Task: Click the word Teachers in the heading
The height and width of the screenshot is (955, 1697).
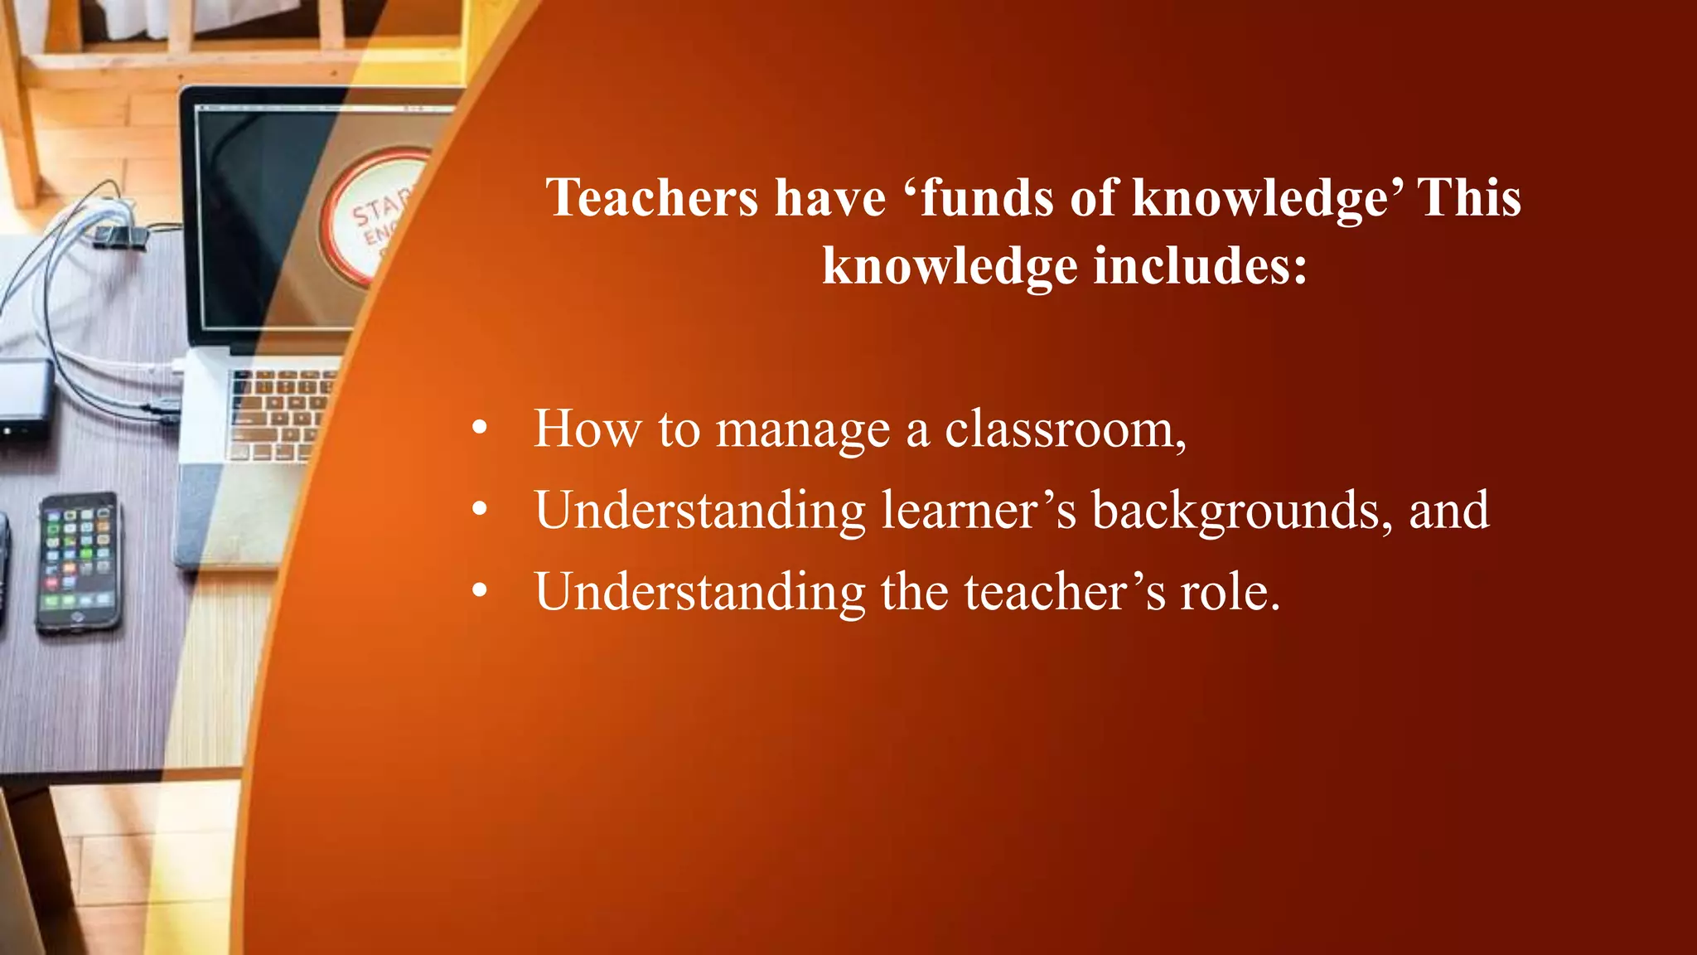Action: (x=652, y=198)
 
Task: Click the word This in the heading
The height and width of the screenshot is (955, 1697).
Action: (x=1469, y=198)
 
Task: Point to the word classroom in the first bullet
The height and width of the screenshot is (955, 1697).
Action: (x=1065, y=429)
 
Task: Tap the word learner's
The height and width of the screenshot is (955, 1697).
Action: (x=979, y=510)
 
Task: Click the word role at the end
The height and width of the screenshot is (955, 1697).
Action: (x=1230, y=592)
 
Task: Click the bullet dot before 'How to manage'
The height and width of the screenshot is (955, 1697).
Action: (x=480, y=429)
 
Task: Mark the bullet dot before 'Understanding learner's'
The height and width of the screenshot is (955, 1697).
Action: (x=480, y=510)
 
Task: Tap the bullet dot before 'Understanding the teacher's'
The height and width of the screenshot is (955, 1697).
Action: (x=480, y=591)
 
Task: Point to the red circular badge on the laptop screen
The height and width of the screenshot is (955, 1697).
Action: (x=377, y=216)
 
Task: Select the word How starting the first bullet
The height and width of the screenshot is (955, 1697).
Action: (x=587, y=429)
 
